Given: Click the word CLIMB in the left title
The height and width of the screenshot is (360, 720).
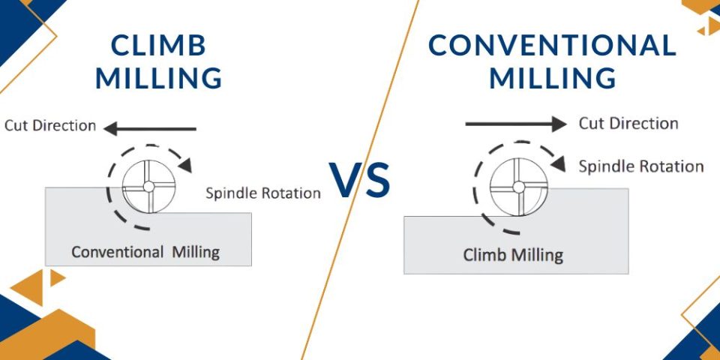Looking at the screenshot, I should [x=158, y=46].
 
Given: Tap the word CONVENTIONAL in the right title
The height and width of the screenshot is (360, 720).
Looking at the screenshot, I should [x=552, y=46].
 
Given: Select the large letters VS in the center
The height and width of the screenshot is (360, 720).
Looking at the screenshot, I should [x=361, y=181].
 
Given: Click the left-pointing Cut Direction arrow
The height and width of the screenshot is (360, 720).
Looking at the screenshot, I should [x=150, y=129].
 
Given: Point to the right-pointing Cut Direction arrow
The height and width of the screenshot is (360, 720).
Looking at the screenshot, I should [x=516, y=124].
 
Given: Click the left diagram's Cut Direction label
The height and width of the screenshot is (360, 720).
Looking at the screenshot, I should [x=50, y=125].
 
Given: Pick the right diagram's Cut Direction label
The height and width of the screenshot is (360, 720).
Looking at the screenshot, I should [x=628, y=123].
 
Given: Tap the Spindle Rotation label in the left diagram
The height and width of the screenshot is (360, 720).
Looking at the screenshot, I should [x=263, y=193].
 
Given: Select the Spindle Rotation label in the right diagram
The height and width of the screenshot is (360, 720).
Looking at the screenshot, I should [x=641, y=166].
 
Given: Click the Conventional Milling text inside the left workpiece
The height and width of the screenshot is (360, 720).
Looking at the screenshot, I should [x=145, y=252].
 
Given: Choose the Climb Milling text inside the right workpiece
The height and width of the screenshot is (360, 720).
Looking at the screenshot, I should [x=513, y=254].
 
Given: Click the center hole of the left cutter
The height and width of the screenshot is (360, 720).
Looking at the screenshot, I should [x=148, y=185].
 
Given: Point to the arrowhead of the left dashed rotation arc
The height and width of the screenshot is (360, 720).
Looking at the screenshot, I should [x=184, y=164].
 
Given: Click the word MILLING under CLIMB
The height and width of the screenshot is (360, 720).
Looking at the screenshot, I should [x=159, y=78].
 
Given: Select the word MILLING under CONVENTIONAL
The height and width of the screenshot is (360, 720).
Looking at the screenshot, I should [x=553, y=78].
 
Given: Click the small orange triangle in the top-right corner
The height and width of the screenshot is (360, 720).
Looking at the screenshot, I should [x=708, y=28].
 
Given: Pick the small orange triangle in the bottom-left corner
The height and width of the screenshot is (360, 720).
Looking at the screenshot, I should [x=57, y=278].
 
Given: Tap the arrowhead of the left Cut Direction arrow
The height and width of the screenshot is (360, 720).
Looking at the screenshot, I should [x=110, y=129].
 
